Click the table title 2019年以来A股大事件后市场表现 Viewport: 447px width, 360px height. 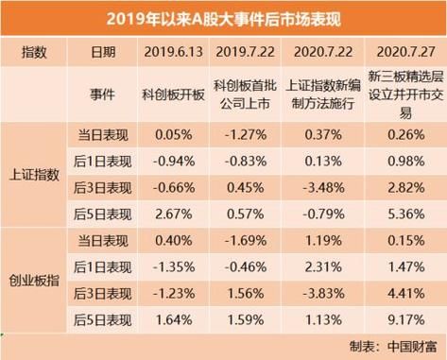click(223, 18)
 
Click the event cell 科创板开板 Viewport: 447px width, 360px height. click(173, 94)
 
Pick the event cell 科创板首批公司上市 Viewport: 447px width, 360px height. click(247, 94)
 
